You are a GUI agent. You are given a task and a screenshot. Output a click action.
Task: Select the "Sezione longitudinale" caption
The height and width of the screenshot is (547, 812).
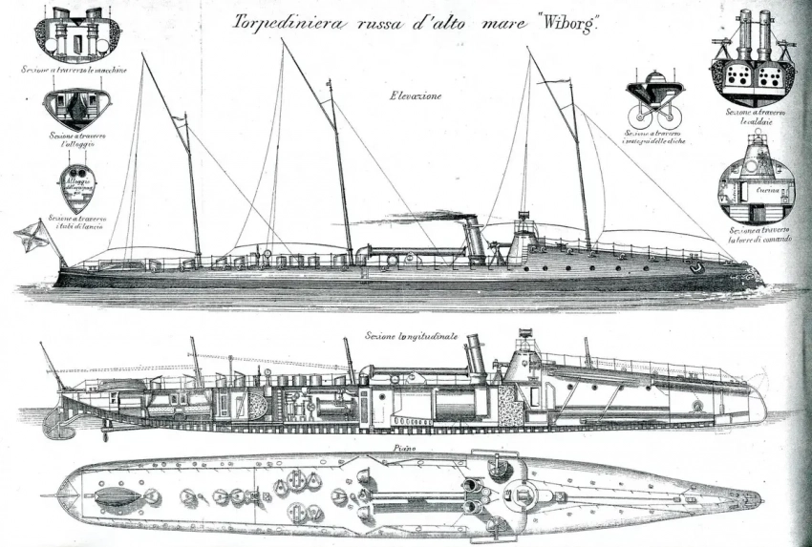(411, 337)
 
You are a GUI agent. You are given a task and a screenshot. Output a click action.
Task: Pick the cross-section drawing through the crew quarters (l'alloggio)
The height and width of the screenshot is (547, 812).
(78, 108)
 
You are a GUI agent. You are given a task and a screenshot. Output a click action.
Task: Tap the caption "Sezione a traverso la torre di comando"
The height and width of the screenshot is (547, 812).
(758, 235)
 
